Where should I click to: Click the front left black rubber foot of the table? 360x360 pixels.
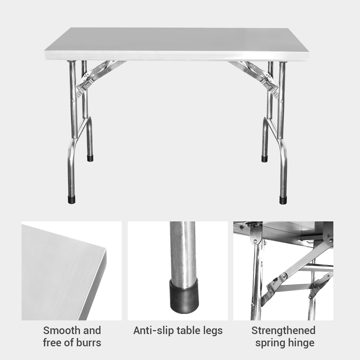point(72,200)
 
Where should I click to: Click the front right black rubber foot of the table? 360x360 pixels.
point(283,200)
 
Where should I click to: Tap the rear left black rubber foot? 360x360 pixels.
point(90,158)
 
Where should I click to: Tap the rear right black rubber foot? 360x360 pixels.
point(265,159)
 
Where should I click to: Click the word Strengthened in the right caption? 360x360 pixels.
point(283,330)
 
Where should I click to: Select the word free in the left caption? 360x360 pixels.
point(53,343)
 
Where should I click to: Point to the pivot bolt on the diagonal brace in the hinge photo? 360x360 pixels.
point(284,275)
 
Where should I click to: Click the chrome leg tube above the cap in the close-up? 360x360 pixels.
point(184,250)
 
